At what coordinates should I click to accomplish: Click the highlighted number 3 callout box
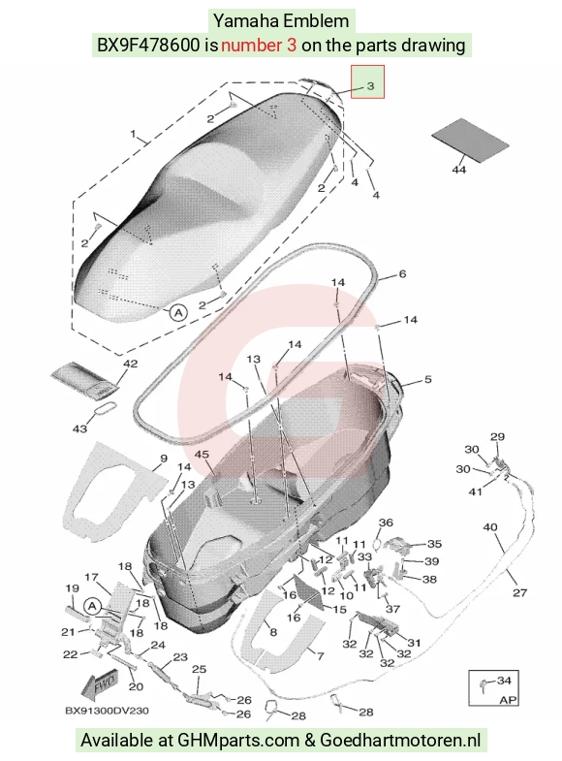[x=367, y=81]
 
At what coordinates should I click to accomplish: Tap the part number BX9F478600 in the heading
[x=148, y=46]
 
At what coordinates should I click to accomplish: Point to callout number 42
[x=131, y=364]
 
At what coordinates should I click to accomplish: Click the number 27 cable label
[x=519, y=592]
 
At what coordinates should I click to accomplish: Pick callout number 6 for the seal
[x=402, y=274]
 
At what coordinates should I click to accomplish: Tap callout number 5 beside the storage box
[x=427, y=379]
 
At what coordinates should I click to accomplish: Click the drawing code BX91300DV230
[x=107, y=711]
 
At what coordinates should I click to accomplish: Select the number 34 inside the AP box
[x=504, y=681]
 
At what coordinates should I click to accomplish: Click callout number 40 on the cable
[x=490, y=527]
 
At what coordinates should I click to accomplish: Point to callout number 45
[x=202, y=455]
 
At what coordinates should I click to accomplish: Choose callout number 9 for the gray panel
[x=164, y=459]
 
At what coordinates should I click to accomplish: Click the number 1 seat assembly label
[x=134, y=134]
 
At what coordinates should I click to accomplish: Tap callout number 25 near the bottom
[x=199, y=669]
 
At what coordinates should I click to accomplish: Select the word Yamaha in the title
[x=246, y=21]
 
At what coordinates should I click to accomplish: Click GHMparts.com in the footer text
[x=238, y=741]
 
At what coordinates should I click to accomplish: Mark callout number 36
[x=386, y=523]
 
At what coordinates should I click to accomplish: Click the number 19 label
[x=73, y=588]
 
